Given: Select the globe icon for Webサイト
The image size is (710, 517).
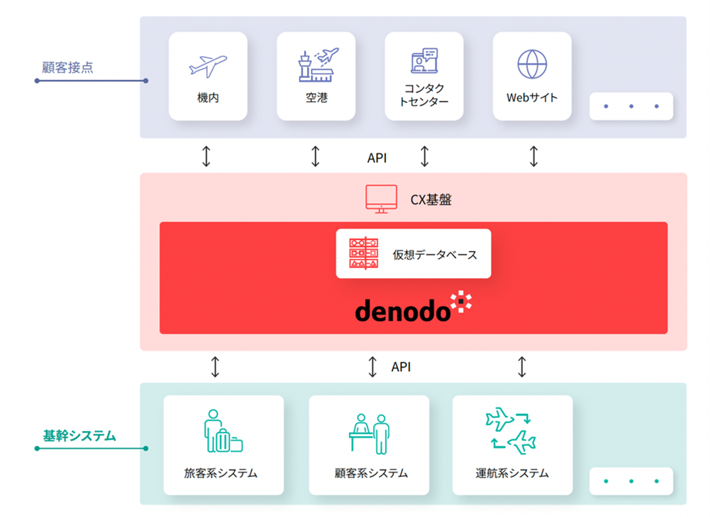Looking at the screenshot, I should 532,64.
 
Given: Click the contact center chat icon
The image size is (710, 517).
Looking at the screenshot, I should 424,61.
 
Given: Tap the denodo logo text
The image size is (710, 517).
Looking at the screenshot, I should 403,311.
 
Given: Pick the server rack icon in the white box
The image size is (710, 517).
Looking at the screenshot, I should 364,254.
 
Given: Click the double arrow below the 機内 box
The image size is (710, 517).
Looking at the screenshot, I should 207,156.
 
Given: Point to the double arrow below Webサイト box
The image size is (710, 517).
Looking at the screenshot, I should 533,156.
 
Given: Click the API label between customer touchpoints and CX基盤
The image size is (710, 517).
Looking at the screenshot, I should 377,158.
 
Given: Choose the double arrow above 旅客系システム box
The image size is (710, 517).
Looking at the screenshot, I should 215,366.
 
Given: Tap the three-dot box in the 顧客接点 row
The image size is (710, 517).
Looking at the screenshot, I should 631,106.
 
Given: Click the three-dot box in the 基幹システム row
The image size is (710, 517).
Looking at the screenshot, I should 631,481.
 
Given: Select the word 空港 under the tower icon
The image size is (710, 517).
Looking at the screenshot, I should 316,98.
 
